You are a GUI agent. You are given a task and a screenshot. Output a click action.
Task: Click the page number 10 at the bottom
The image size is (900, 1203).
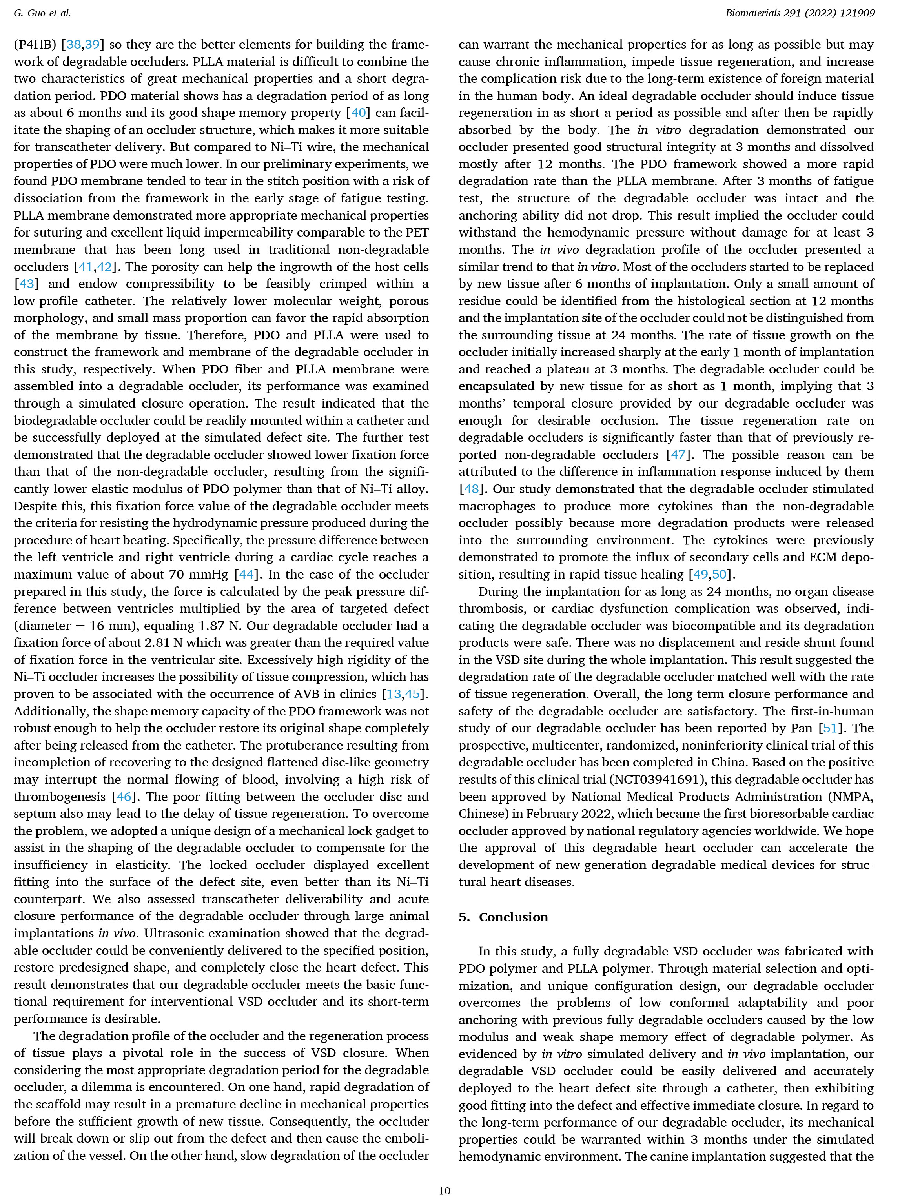[x=444, y=1190]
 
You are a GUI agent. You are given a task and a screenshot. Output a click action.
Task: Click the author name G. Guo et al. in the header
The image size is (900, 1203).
[x=42, y=13]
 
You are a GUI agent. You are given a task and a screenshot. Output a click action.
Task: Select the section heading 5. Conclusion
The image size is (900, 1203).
[x=503, y=917]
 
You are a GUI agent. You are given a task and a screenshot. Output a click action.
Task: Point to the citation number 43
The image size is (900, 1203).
[x=26, y=284]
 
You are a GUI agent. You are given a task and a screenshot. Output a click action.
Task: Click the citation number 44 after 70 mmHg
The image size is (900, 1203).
[x=246, y=574]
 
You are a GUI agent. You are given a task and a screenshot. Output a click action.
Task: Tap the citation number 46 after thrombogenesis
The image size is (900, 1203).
[x=124, y=797]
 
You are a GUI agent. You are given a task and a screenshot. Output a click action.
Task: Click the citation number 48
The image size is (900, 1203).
[x=471, y=489]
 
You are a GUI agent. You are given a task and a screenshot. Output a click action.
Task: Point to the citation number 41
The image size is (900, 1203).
[x=85, y=267]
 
